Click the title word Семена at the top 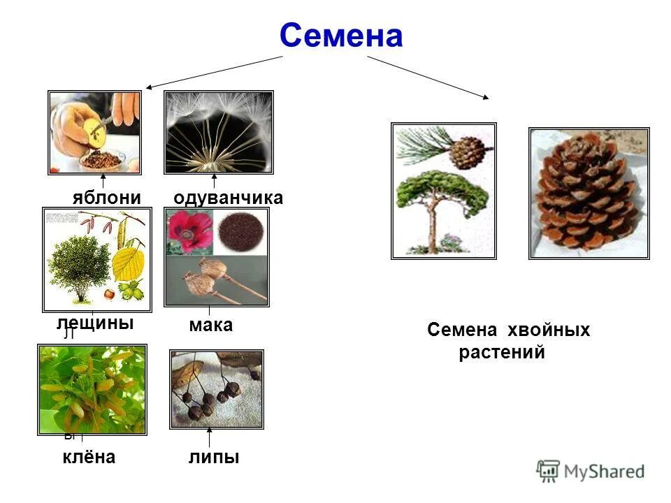click(341, 36)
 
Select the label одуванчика click(228, 198)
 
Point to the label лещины click(95, 323)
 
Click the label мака click(210, 325)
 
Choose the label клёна click(87, 458)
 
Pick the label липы click(213, 458)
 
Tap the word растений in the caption click(501, 353)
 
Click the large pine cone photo click(589, 194)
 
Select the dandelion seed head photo click(218, 132)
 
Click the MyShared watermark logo click(591, 472)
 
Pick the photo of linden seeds click(217, 389)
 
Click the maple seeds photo click(92, 389)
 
